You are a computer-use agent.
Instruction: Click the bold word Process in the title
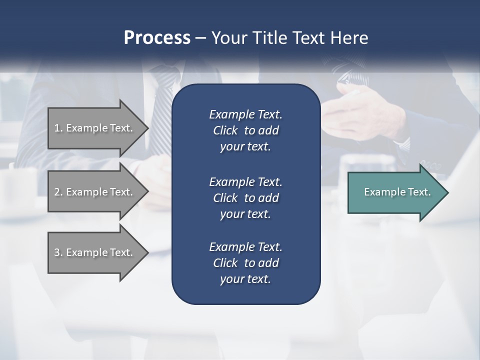[157, 38]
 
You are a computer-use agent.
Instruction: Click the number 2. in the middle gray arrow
[58, 192]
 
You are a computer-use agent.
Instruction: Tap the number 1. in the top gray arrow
[58, 128]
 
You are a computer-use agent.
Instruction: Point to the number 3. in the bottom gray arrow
[58, 252]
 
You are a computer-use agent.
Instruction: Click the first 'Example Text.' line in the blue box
[245, 114]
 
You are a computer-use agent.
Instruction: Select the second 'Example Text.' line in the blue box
[245, 181]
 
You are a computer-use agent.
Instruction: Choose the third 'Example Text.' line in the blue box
[245, 246]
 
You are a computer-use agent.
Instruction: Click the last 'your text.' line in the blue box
[245, 279]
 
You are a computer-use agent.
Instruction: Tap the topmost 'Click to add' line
[245, 130]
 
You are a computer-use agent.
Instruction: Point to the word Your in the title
[228, 38]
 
